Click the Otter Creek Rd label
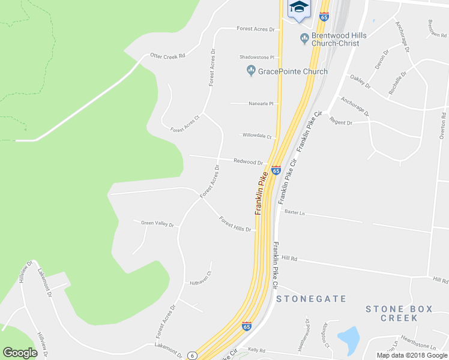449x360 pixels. [168, 55]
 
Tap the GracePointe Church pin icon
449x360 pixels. [251, 71]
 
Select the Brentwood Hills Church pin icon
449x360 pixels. [304, 39]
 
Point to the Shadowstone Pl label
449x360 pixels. [256, 58]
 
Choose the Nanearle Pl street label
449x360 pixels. [261, 104]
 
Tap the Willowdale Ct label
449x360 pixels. [257, 136]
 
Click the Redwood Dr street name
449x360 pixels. [249, 162]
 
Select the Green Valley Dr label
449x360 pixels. [157, 224]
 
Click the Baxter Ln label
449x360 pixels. [295, 212]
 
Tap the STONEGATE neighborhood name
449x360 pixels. [312, 298]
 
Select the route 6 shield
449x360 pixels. [192, 355]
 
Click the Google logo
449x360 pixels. [20, 352]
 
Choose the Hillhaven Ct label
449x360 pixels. [201, 282]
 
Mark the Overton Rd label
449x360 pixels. [442, 126]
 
